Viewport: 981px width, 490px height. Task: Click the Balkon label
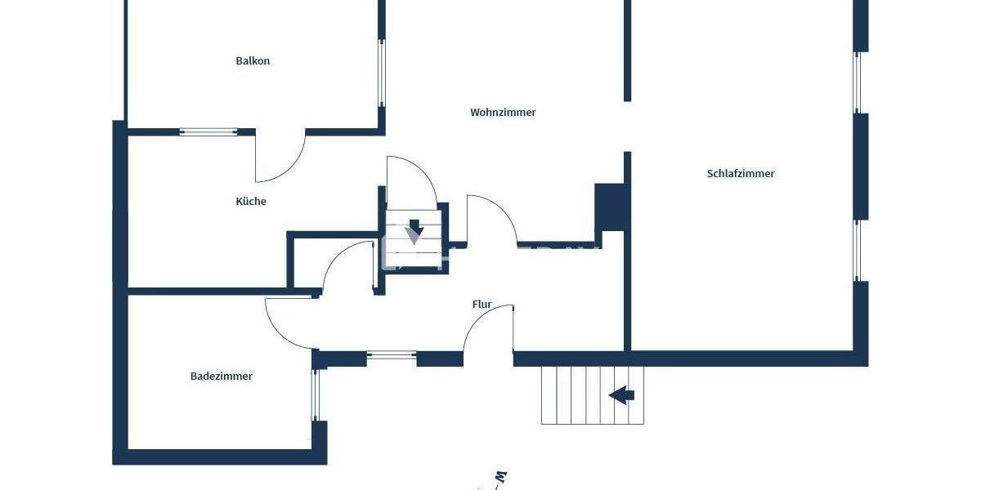pyautogui.click(x=253, y=61)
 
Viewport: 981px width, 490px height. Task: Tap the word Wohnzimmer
pyautogui.click(x=503, y=113)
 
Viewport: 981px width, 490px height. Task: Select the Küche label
pyautogui.click(x=251, y=202)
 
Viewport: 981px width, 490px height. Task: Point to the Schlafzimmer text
pyautogui.click(x=741, y=174)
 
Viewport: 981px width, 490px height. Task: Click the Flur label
pyautogui.click(x=482, y=305)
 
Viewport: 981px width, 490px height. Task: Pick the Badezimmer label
pyautogui.click(x=222, y=376)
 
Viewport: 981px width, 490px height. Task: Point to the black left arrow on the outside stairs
pyautogui.click(x=622, y=396)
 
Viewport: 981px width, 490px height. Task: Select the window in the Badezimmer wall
pyautogui.click(x=316, y=395)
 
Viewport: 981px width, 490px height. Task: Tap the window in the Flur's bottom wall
pyautogui.click(x=392, y=355)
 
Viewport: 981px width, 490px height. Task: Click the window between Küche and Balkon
pyautogui.click(x=208, y=131)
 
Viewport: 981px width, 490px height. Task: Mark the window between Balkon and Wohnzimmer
pyautogui.click(x=381, y=73)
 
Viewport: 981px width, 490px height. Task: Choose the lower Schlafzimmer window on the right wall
pyautogui.click(x=857, y=251)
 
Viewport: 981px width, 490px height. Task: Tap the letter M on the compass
pyautogui.click(x=502, y=476)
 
